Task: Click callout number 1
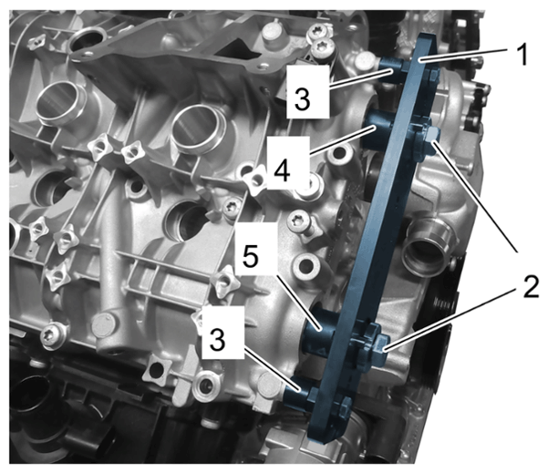(522, 55)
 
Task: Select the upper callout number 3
(302, 98)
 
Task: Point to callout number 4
(283, 170)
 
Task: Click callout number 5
(250, 257)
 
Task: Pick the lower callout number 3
(217, 340)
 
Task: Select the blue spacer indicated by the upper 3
(393, 69)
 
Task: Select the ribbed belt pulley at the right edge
(444, 303)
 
